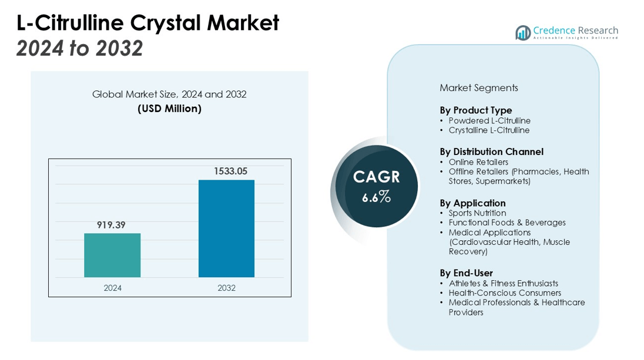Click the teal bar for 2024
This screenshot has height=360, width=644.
point(112,255)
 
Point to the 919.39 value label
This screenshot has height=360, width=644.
point(112,225)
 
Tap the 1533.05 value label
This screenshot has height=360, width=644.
point(226,171)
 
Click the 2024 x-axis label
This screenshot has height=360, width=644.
point(112,288)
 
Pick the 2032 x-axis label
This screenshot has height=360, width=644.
point(226,288)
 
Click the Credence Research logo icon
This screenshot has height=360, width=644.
point(522,33)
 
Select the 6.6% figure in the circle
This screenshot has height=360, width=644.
point(377,197)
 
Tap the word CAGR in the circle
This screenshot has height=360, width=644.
point(377,177)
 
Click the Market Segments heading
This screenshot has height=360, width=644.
point(478,88)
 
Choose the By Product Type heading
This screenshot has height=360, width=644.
point(475,110)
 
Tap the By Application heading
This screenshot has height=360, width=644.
point(472,203)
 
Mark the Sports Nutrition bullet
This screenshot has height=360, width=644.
point(477,213)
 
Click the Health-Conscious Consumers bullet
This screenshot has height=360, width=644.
point(504,293)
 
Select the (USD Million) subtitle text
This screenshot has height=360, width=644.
point(169,109)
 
